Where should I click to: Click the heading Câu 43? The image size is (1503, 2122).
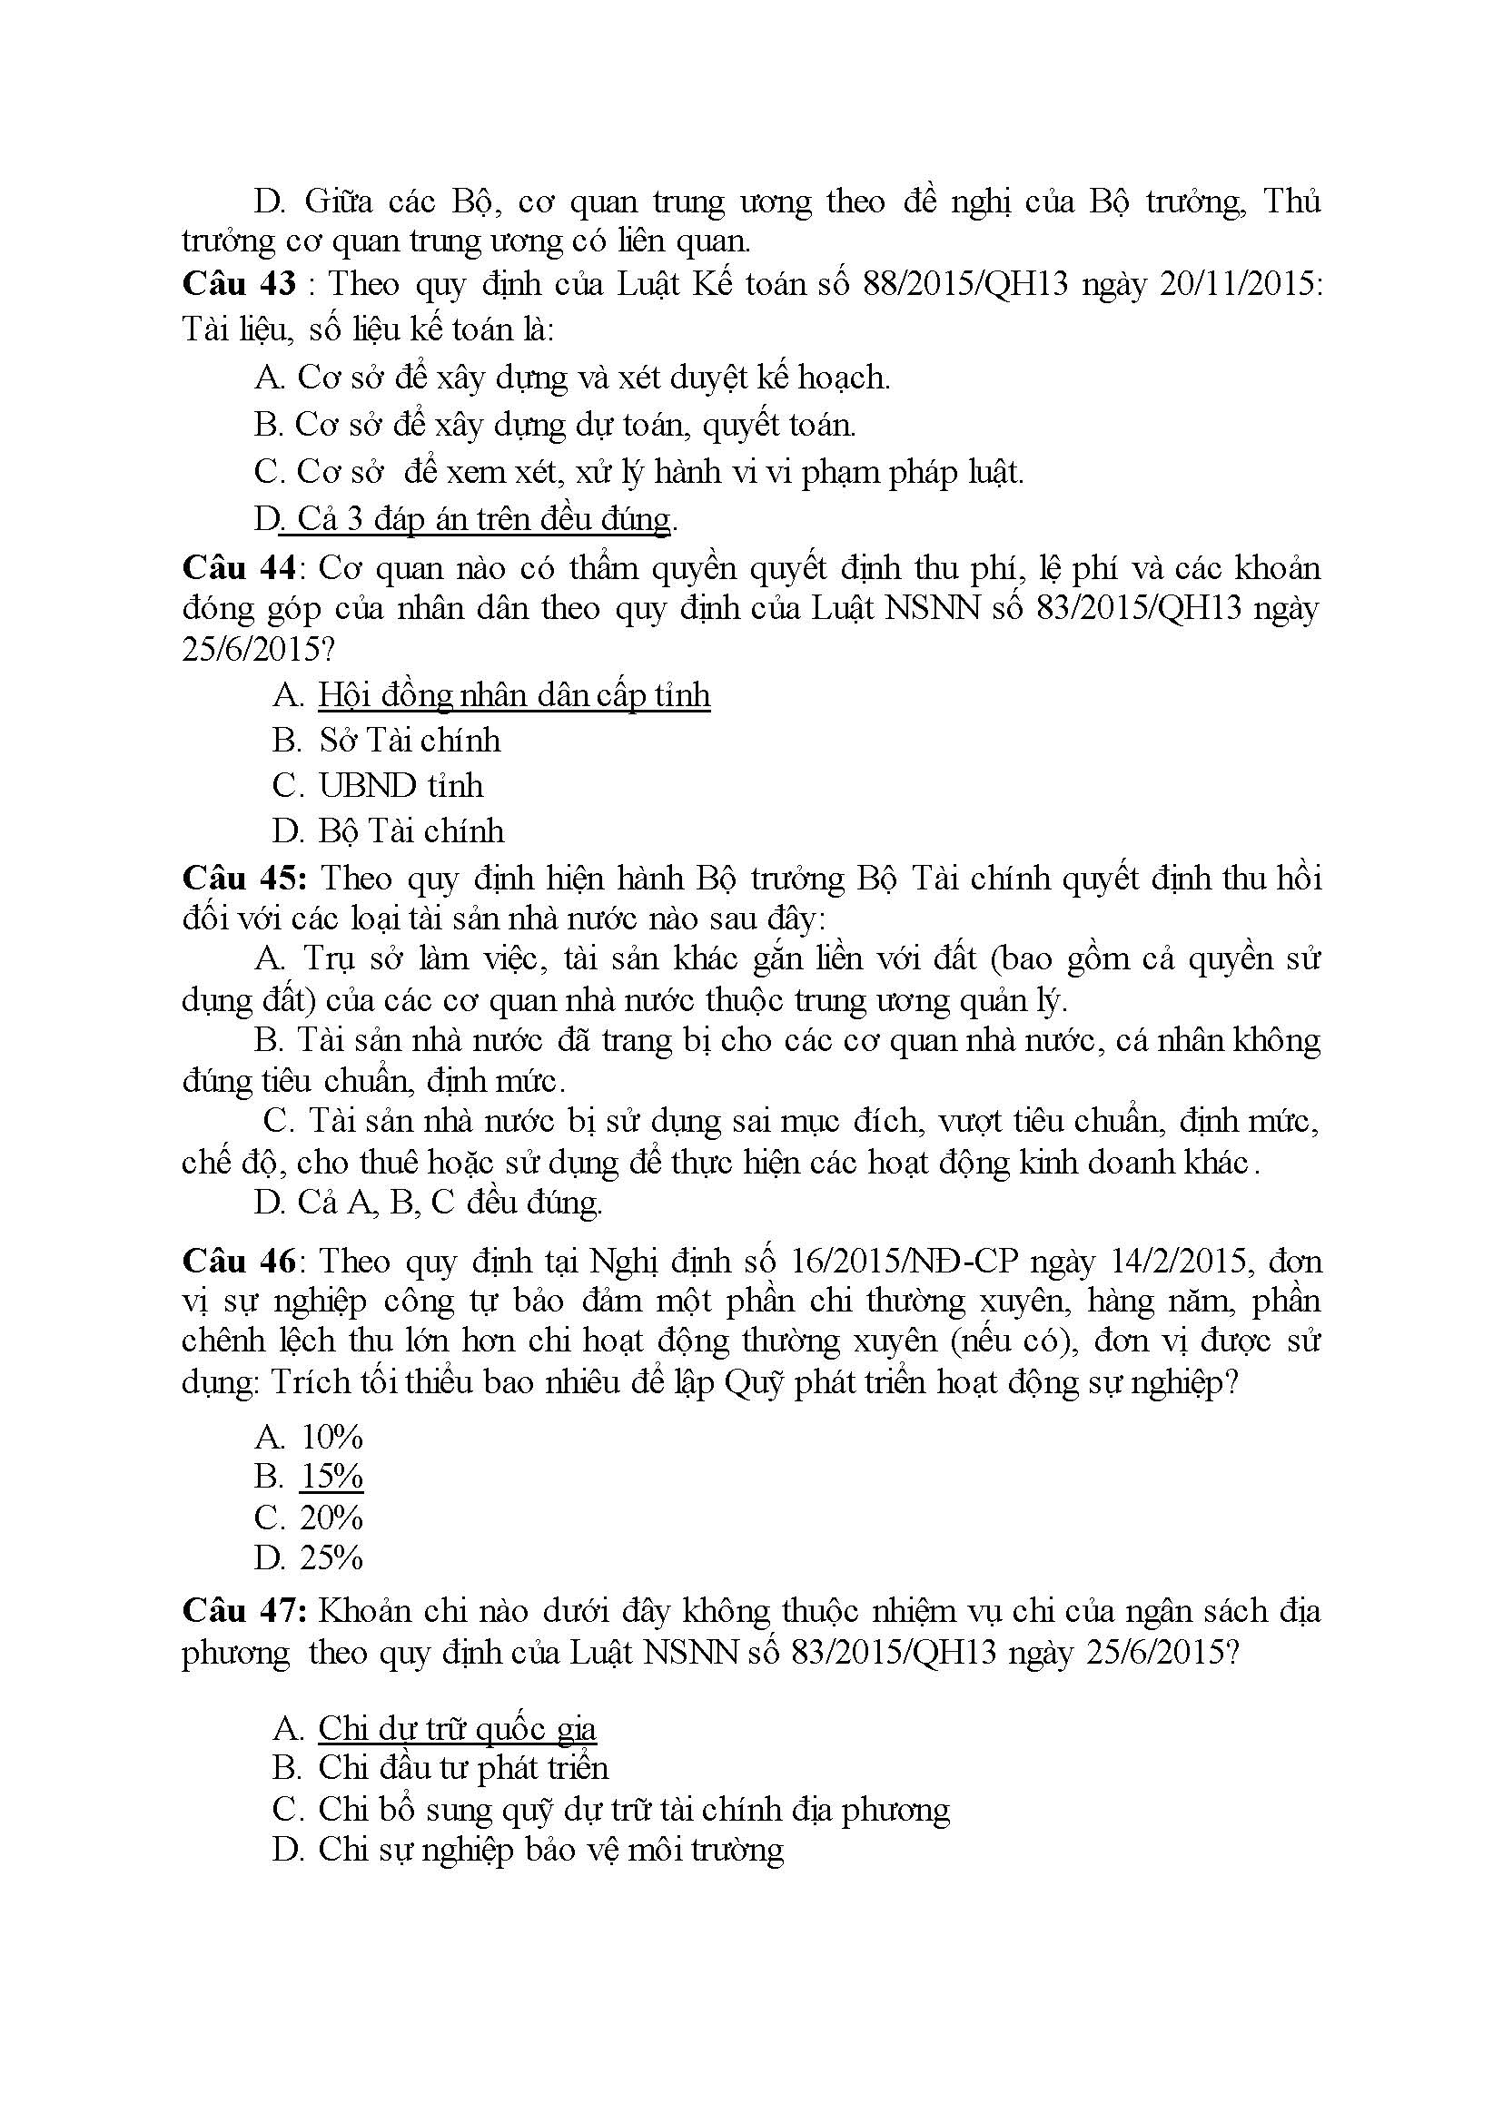click(239, 283)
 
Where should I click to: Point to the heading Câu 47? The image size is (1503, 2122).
click(242, 1610)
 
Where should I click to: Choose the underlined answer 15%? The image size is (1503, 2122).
click(331, 1476)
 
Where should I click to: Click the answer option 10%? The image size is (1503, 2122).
click(331, 1436)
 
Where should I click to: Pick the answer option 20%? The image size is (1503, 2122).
click(331, 1517)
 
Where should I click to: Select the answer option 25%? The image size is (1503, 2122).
click(331, 1557)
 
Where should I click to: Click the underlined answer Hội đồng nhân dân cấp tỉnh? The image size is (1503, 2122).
click(514, 694)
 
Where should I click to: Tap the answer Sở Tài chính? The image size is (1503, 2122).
click(409, 740)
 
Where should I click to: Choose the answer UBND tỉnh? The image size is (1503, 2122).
click(400, 785)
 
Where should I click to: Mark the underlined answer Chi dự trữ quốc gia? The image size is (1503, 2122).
click(457, 1728)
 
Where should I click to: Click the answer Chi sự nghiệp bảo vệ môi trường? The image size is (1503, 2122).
click(550, 1849)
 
